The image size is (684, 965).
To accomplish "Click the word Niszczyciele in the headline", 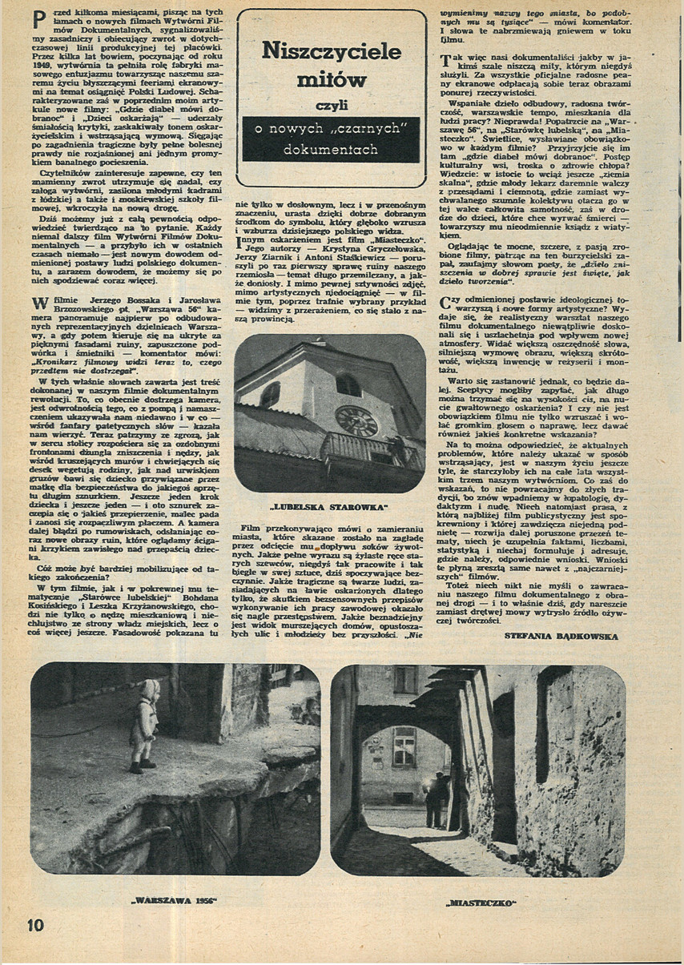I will point(332,53).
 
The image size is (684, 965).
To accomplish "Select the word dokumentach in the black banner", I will point(332,149).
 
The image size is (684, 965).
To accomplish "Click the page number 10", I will point(35,924).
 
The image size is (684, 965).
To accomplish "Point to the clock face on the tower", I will point(356,420).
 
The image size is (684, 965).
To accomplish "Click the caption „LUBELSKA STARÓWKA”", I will point(330,506).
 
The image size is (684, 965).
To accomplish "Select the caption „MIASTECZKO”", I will point(481,903).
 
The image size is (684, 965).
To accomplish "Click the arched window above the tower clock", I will point(349,385).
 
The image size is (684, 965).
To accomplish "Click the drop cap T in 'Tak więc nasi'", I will point(447,59).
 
